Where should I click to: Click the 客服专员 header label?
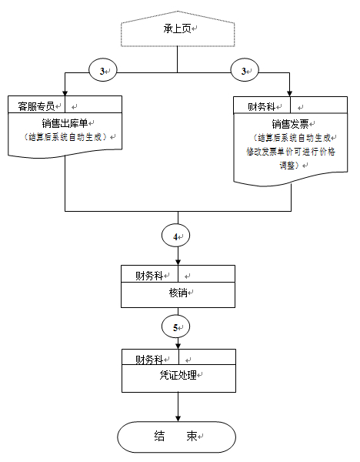[x=36, y=106]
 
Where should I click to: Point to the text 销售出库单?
[x=65, y=123]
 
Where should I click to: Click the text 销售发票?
[x=290, y=124]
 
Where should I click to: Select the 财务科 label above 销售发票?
[x=261, y=107]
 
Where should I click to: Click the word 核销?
[x=178, y=293]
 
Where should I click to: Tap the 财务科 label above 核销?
[x=149, y=276]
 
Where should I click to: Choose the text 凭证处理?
[x=178, y=375]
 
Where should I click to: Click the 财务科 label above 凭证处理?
[x=149, y=360]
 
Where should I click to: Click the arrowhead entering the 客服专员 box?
[x=65, y=93]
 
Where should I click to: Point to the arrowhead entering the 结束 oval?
[x=178, y=418]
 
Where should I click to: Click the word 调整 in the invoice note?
[x=287, y=165]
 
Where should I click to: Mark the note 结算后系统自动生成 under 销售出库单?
[x=65, y=137]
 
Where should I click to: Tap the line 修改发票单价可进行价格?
[x=291, y=152]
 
